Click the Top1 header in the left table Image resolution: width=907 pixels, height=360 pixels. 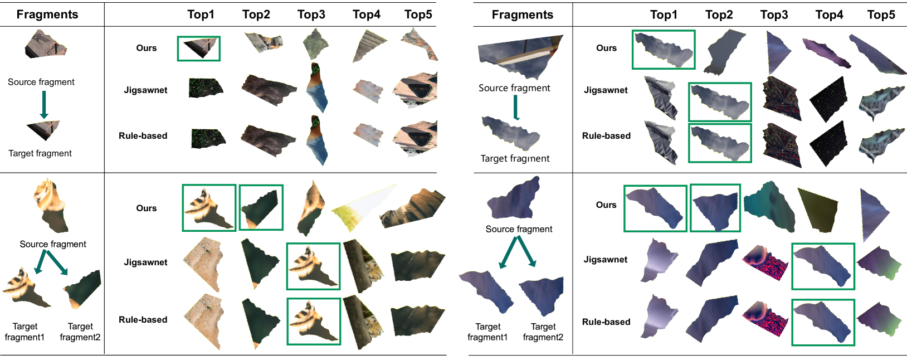(201, 14)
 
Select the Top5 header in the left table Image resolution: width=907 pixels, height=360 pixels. (418, 14)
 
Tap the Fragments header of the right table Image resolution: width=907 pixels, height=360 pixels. (523, 15)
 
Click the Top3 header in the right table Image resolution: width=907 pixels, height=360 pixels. (774, 15)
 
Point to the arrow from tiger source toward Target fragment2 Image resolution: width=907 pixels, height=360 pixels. (57, 263)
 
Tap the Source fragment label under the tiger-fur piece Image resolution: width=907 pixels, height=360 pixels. (53, 244)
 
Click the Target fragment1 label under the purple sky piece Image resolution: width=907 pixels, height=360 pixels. (487, 332)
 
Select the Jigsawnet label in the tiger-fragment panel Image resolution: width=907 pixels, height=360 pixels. (145, 262)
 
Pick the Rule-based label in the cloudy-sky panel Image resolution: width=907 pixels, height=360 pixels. (606, 135)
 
